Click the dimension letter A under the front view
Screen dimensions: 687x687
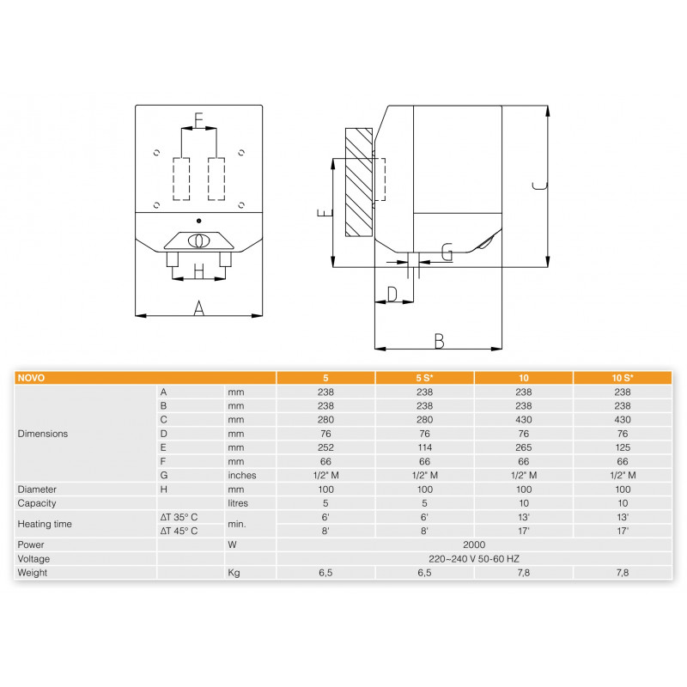click(199, 308)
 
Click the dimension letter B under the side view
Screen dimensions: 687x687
click(439, 341)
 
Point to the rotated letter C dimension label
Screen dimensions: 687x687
click(540, 185)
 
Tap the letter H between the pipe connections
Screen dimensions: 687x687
click(199, 271)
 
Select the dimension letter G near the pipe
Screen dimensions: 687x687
click(447, 252)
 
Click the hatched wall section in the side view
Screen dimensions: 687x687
click(359, 182)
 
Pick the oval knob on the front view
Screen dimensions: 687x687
click(199, 241)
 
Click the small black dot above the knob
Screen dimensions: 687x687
click(199, 221)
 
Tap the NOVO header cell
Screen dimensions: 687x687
click(31, 378)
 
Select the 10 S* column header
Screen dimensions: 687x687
click(623, 378)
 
